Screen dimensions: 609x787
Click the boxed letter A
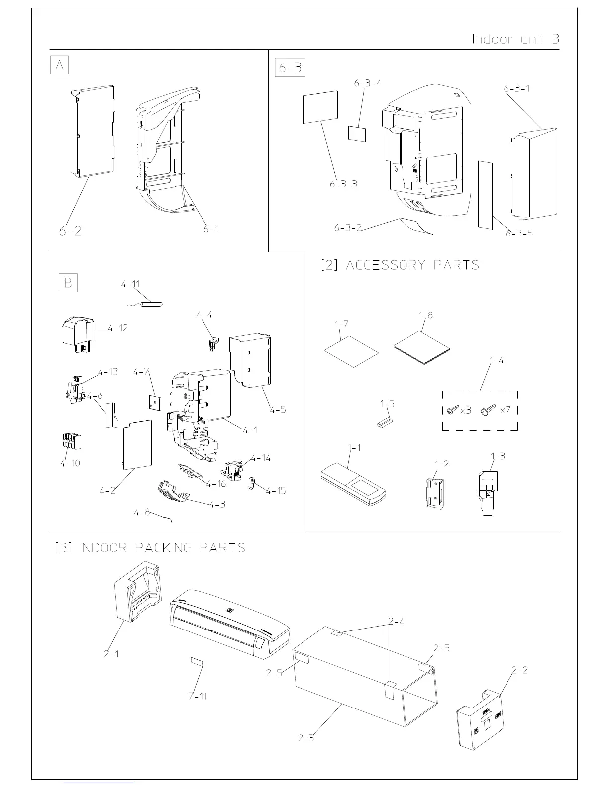click(x=59, y=66)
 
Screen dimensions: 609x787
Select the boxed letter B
click(x=68, y=283)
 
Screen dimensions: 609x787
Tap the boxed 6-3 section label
click(x=290, y=68)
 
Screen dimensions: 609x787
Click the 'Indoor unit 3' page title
click(x=515, y=39)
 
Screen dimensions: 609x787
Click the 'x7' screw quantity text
click(x=505, y=410)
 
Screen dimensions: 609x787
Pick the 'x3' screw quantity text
click(x=465, y=410)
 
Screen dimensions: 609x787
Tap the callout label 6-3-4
click(x=368, y=83)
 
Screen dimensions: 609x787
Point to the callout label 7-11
click(x=198, y=696)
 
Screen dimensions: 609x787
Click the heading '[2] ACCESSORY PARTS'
click(x=400, y=265)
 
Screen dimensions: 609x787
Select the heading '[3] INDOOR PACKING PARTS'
click(x=150, y=548)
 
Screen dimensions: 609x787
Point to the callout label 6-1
click(x=211, y=229)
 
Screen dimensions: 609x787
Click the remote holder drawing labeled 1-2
click(x=434, y=492)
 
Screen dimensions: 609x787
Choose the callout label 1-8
click(x=426, y=315)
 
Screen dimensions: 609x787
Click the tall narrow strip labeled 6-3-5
click(x=485, y=194)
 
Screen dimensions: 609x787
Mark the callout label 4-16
click(x=216, y=483)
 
